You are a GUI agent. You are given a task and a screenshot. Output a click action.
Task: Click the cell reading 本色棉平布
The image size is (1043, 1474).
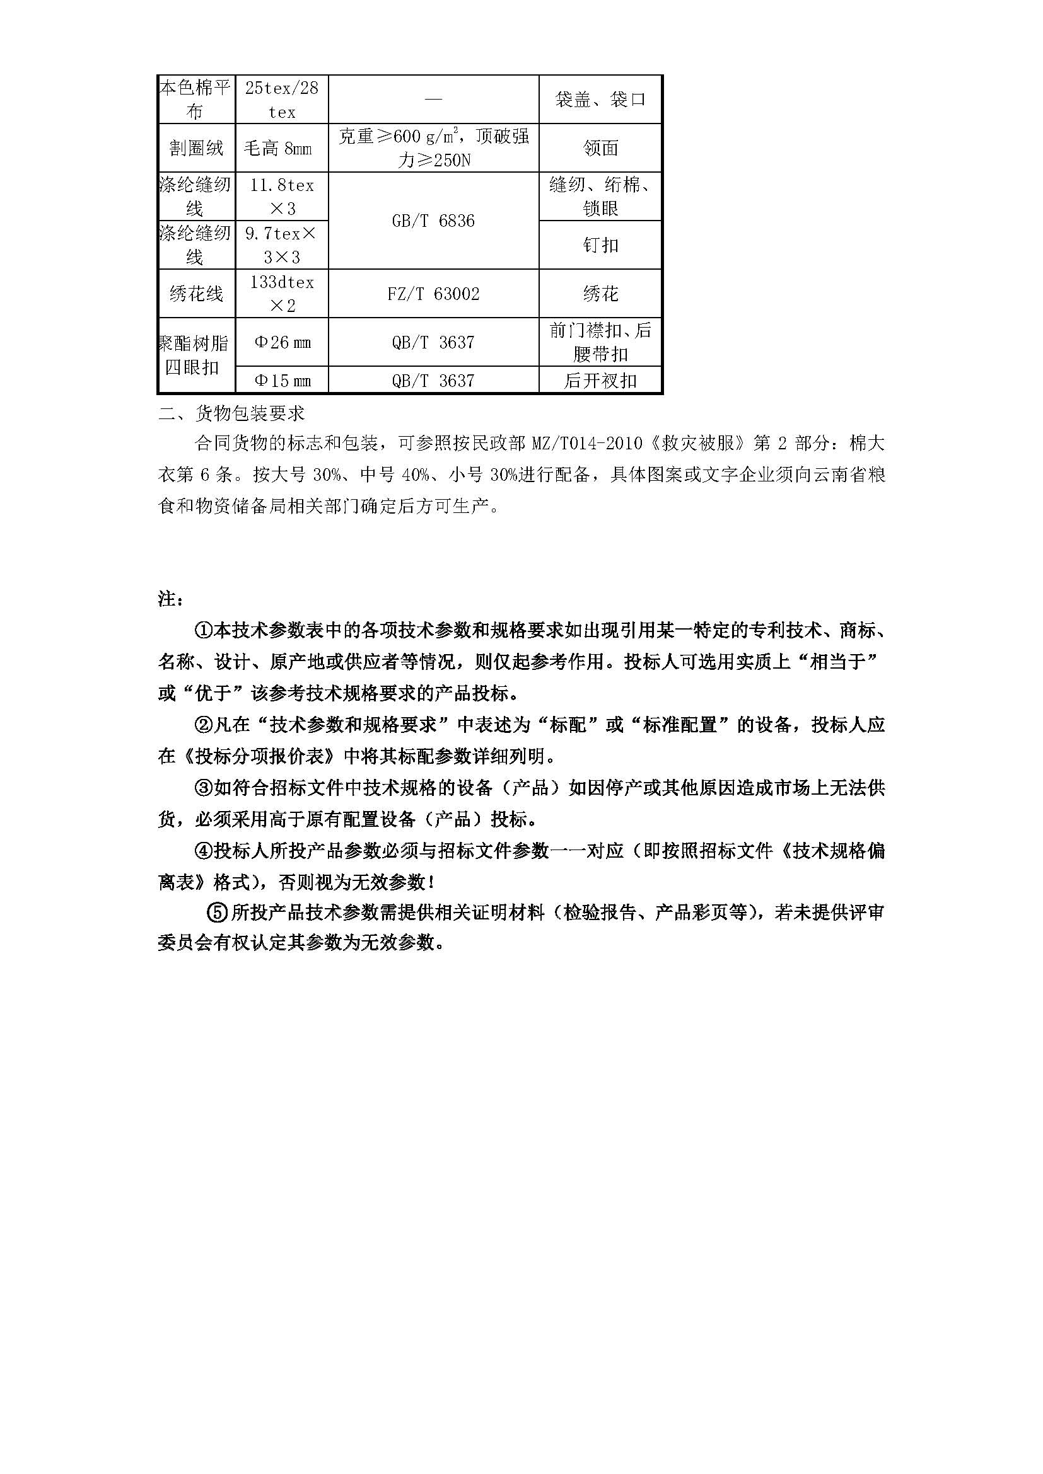[195, 99]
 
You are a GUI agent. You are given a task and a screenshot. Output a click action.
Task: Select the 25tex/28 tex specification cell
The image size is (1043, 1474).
[282, 99]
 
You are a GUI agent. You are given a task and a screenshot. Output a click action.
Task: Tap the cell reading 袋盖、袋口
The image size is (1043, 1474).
[600, 99]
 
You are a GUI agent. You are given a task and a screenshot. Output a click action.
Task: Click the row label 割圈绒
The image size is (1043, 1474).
[196, 148]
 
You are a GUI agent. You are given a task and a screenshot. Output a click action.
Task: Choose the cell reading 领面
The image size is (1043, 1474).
[600, 148]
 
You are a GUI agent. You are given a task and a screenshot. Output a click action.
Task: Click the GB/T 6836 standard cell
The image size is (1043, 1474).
[433, 221]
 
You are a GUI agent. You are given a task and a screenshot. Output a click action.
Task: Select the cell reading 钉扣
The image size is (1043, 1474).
[600, 245]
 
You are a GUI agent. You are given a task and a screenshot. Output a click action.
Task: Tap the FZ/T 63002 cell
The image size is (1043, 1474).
[433, 294]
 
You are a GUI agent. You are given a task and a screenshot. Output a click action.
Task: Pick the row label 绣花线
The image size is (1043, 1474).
[196, 294]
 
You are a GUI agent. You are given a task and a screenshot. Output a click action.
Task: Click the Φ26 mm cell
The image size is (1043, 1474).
[283, 342]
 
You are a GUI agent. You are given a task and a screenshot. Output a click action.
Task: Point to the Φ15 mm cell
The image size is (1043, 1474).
[283, 381]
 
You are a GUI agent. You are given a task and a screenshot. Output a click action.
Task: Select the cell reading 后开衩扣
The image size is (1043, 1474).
[600, 381]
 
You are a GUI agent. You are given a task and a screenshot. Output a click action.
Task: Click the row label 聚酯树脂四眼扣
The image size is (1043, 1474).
[195, 355]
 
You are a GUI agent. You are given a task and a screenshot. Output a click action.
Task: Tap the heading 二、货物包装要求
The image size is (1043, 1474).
[232, 413]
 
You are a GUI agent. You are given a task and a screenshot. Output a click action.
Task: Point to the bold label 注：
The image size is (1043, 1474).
[171, 599]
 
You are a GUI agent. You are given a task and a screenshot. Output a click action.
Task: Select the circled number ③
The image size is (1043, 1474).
[203, 788]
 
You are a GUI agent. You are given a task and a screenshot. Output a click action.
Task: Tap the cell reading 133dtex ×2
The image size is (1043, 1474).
[282, 294]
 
